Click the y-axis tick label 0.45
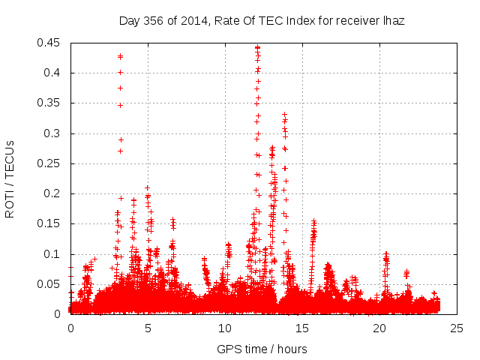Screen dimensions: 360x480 [50, 43]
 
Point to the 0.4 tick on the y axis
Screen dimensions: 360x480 [53, 73]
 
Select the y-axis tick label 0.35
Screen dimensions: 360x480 [50, 103]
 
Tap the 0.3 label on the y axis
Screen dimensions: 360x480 [53, 133]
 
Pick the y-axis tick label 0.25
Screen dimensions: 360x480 [50, 163]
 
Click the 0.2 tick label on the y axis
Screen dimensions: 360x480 [53, 193]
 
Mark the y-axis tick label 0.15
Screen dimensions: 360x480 [50, 224]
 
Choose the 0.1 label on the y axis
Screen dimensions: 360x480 [53, 254]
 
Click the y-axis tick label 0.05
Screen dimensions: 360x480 [50, 284]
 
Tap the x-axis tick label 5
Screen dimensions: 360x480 [148, 328]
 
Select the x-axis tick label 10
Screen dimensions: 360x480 [225, 328]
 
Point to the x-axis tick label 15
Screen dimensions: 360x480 [302, 328]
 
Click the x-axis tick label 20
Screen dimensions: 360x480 [379, 328]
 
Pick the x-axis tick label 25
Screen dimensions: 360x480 [457, 328]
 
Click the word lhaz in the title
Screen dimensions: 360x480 [392, 21]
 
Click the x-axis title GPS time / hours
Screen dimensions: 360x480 [262, 349]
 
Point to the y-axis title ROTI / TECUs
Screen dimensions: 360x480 [10, 178]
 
